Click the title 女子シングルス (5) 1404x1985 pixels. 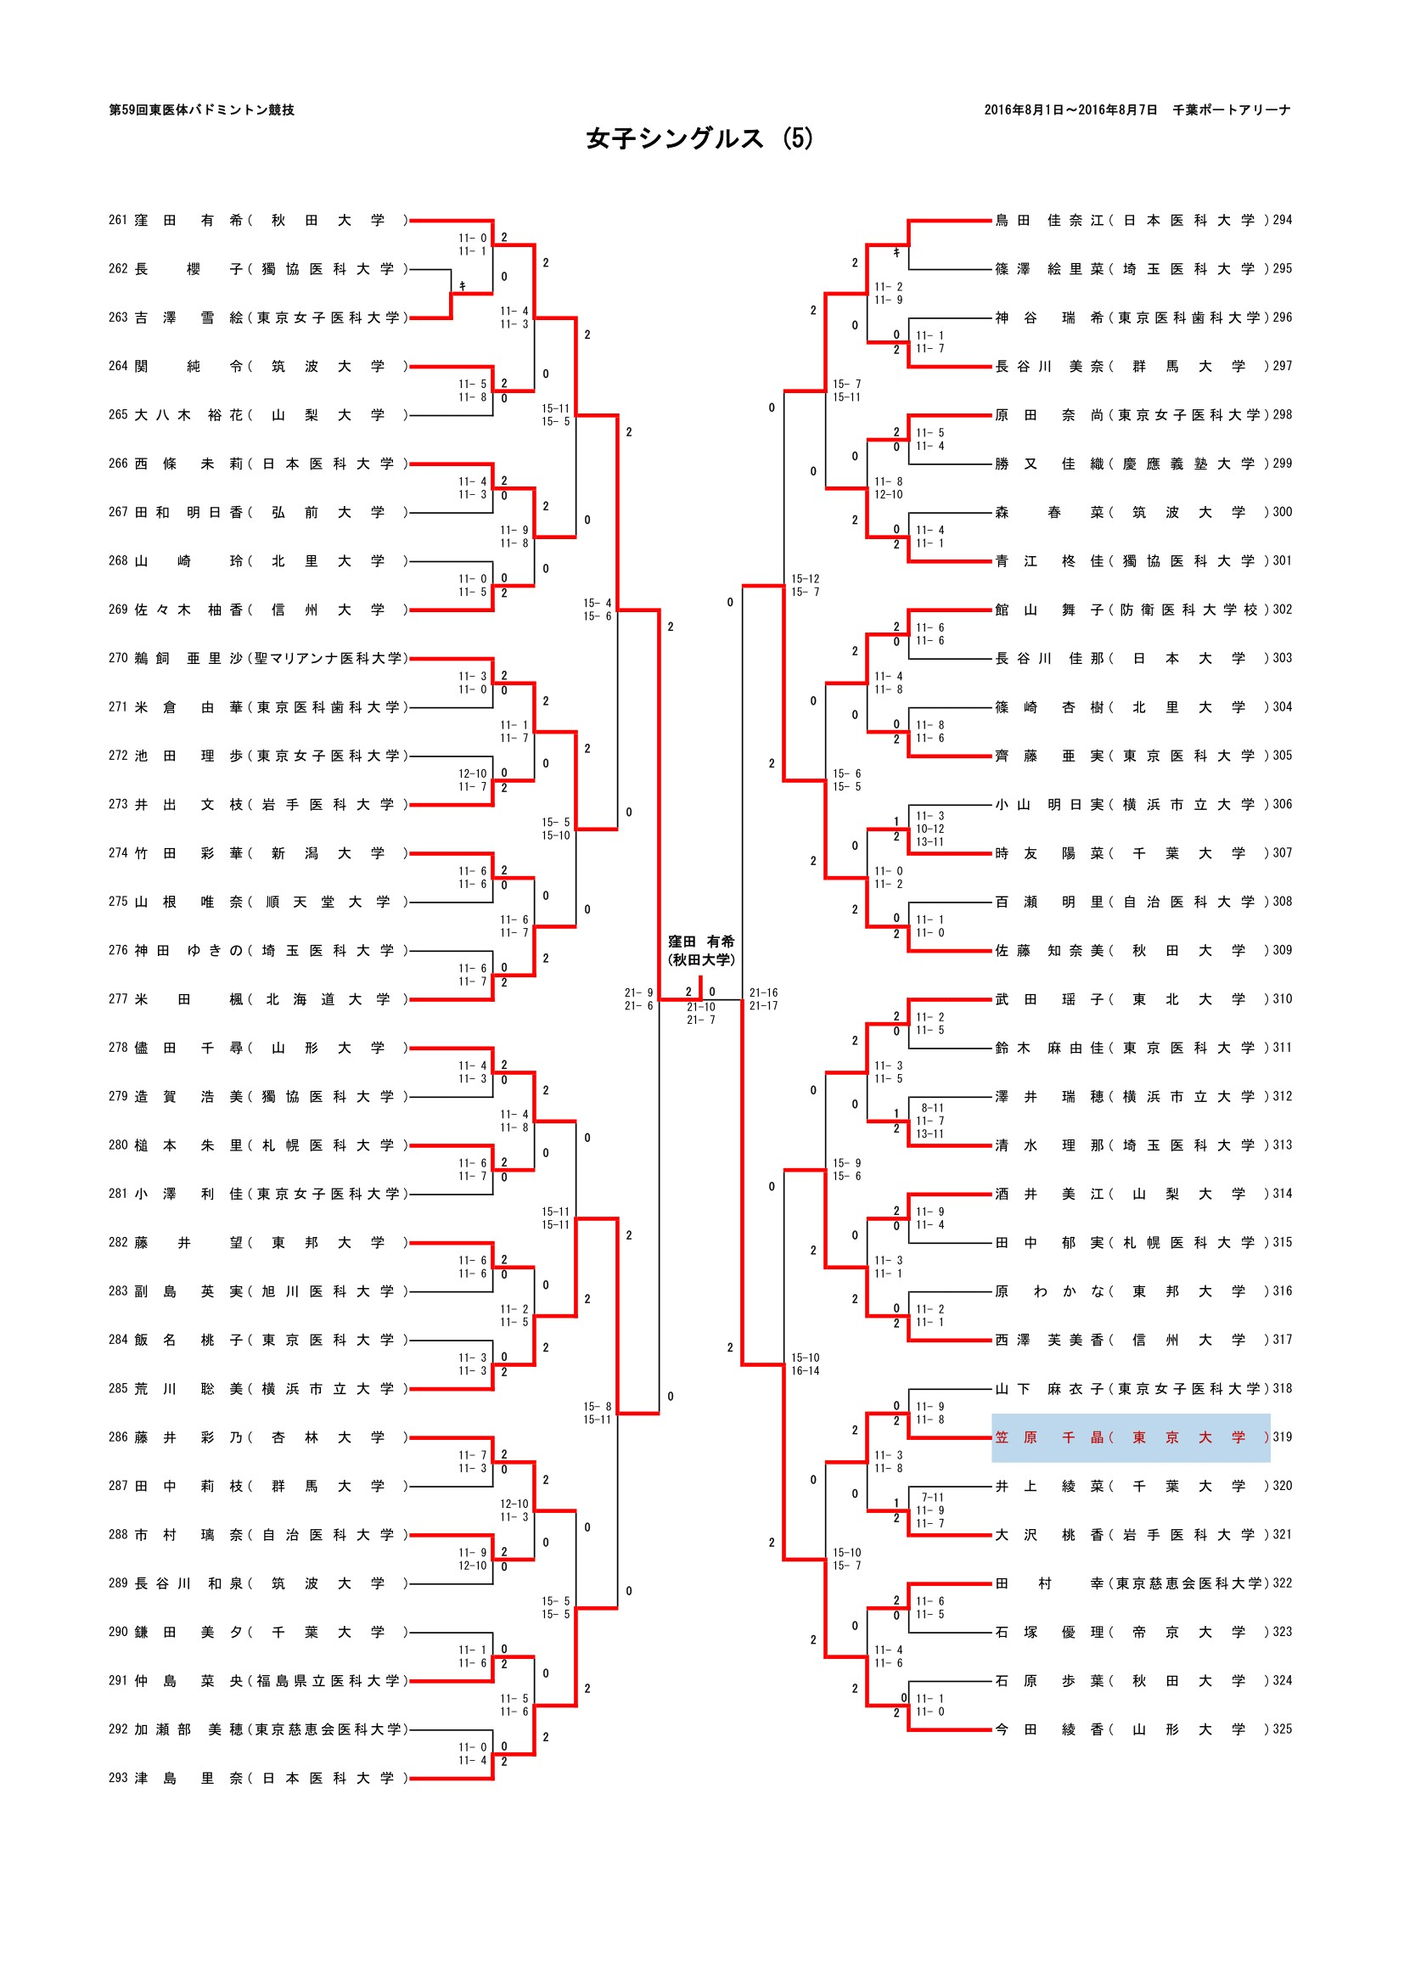pos(699,139)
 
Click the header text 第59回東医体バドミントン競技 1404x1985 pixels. pos(201,110)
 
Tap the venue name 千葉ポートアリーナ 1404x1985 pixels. pos(1231,110)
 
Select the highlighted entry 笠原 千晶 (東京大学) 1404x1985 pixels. pos(1130,1437)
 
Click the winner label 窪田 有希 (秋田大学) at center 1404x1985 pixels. pos(700,950)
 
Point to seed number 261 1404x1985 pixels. pos(118,221)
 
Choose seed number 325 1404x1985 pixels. pos(1282,1729)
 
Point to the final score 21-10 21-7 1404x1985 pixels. pos(700,1013)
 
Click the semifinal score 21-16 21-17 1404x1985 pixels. pos(763,999)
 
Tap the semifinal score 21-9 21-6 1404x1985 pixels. pos(639,999)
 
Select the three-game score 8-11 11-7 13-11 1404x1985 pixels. pos(931,1121)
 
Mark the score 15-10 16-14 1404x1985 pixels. pos(805,1364)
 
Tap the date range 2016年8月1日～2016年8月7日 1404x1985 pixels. pos(1070,110)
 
